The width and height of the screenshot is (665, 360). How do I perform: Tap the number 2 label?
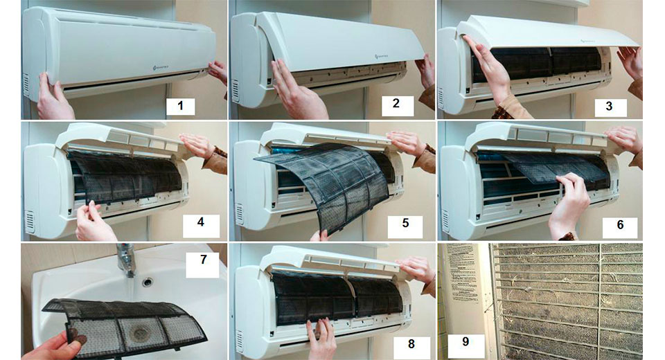click(396, 106)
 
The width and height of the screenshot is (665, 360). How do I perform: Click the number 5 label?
click(405, 224)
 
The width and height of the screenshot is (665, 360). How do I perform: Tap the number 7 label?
click(202, 264)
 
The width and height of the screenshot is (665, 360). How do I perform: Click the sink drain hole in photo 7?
click(147, 282)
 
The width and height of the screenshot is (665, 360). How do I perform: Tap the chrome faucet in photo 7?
click(126, 260)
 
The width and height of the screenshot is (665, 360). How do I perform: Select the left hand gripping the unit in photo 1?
click(53, 97)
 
